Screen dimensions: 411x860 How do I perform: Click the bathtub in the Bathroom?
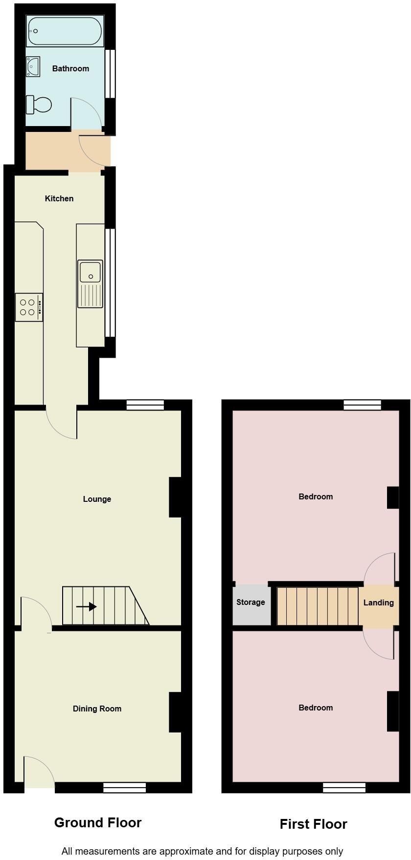(x=65, y=31)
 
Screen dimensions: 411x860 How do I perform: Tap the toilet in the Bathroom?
(x=39, y=104)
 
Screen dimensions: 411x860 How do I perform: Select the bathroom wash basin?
(x=33, y=66)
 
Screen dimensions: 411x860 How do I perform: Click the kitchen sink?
(x=90, y=284)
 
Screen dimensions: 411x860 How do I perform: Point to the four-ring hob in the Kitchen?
(x=29, y=307)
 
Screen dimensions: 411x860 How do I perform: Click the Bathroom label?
(x=70, y=68)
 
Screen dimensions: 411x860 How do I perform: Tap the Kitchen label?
(x=59, y=198)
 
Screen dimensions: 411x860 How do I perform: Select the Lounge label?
(x=97, y=499)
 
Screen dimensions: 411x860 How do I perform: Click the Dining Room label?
(x=97, y=709)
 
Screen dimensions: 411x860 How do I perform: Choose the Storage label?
(x=251, y=602)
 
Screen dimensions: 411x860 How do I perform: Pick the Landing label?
(x=379, y=602)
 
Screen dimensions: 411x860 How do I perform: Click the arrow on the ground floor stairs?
(x=86, y=607)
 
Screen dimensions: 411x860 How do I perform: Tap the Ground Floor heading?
(x=98, y=822)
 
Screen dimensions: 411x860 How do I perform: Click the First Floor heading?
(x=313, y=824)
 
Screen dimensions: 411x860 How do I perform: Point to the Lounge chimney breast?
(x=175, y=497)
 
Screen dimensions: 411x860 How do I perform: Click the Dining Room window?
(x=124, y=787)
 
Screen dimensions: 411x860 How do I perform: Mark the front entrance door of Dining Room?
(x=39, y=772)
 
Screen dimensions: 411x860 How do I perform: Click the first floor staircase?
(x=318, y=606)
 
